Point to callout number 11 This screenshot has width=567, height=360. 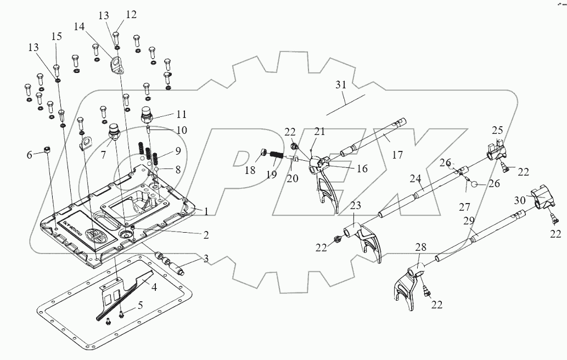[181, 115]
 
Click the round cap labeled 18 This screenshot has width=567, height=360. [264, 153]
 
